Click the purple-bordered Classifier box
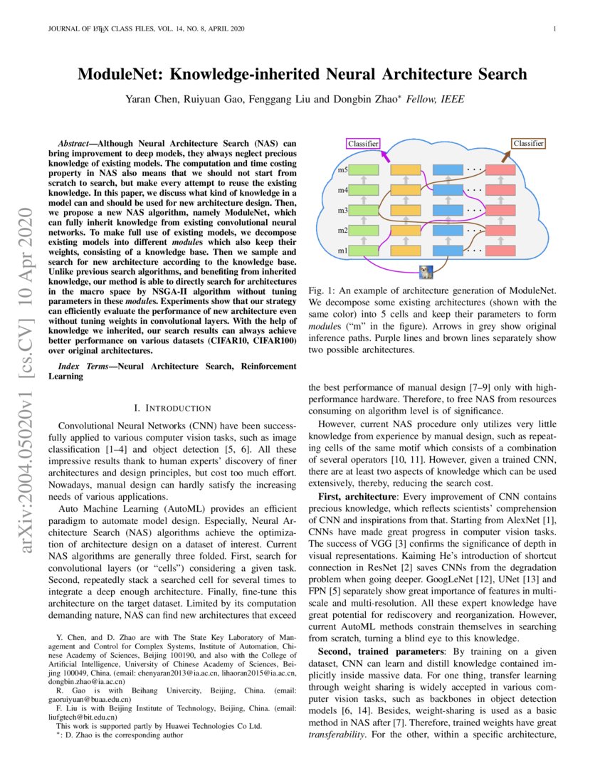(363, 143)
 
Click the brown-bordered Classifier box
(529, 143)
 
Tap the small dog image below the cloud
(426, 271)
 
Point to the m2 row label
(342, 231)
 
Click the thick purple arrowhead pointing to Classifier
(385, 153)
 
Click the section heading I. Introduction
(172, 408)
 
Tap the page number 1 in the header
(553, 29)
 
